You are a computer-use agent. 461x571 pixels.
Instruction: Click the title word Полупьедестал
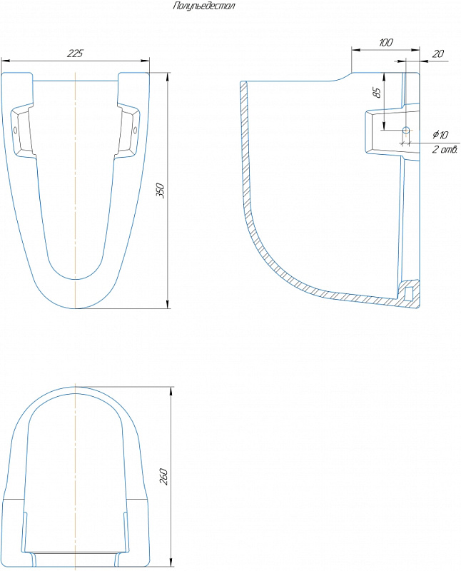[x=204, y=6]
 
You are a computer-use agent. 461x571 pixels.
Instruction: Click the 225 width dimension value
[x=75, y=53]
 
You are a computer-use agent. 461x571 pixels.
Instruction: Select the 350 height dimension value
[x=161, y=191]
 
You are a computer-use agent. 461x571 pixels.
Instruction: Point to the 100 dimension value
[x=385, y=42]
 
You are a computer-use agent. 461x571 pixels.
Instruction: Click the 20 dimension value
[x=437, y=54]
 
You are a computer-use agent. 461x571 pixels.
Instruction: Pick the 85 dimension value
[x=378, y=93]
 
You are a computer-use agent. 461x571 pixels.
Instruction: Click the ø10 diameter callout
[x=440, y=135]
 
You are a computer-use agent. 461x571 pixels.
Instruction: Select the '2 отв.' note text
[x=445, y=149]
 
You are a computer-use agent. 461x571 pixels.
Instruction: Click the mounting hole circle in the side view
[x=405, y=130]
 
